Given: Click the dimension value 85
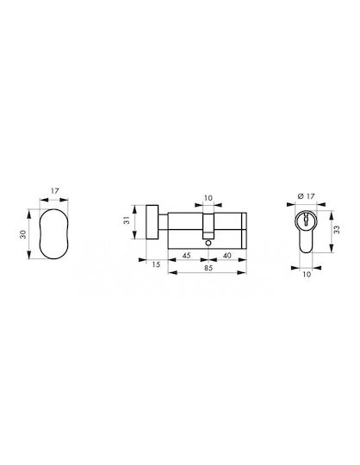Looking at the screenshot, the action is [208, 268].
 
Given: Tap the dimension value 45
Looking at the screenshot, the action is [186, 256].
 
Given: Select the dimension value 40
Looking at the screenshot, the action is [227, 256].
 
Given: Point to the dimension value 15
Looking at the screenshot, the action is [156, 264].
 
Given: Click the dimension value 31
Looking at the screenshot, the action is [127, 220].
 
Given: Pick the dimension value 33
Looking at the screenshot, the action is [337, 230].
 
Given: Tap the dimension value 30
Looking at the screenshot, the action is [23, 234].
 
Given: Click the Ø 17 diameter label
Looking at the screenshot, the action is [306, 196].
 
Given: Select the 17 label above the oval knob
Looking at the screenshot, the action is [54, 190].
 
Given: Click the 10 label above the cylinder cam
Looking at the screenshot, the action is [208, 198].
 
